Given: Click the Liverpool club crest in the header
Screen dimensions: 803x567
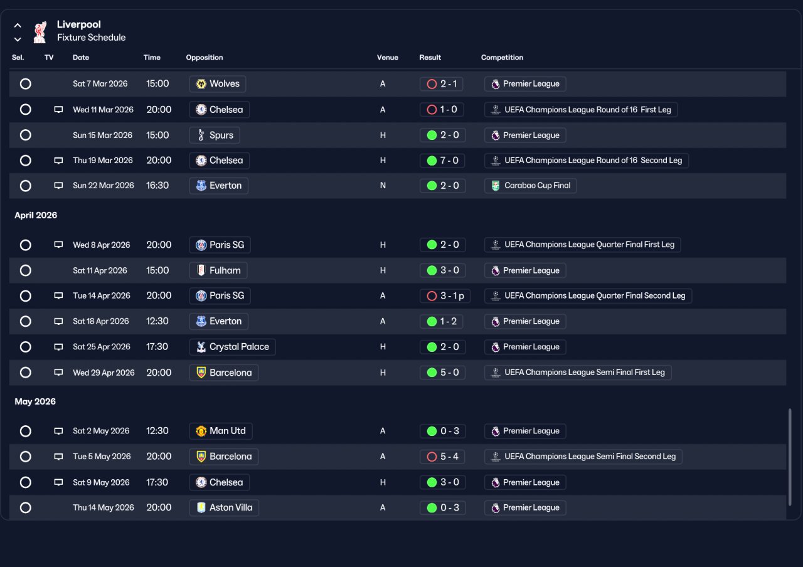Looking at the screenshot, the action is click(40, 32).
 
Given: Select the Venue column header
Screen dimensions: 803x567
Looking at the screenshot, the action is click(388, 57).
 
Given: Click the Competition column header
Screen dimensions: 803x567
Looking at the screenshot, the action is click(502, 57).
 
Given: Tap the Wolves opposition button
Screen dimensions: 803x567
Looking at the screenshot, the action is click(218, 84).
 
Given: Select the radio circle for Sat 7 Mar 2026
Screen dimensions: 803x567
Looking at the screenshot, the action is click(26, 84).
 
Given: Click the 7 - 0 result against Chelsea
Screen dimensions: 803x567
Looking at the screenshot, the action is click(442, 161).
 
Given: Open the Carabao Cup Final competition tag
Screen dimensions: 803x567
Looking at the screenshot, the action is click(530, 186).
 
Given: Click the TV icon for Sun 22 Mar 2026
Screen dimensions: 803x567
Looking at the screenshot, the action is click(58, 185).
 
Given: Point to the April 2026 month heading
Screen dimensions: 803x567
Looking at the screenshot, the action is click(36, 215).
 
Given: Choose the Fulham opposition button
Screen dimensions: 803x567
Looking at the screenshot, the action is click(218, 270).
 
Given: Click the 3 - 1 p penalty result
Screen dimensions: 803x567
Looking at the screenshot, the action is click(445, 295).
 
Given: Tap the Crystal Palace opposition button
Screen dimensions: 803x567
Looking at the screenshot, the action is click(232, 347).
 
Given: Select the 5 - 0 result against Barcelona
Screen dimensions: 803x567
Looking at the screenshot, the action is click(443, 373).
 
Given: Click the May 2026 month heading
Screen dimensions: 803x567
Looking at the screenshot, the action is click(35, 401).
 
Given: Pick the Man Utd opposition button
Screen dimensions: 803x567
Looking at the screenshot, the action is click(221, 431).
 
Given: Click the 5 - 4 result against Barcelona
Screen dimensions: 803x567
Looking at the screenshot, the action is click(442, 457).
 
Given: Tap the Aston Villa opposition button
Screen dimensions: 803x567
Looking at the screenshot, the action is click(224, 507).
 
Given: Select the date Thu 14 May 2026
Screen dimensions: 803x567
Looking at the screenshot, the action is click(104, 507).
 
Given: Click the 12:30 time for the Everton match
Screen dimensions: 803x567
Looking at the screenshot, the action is click(157, 321).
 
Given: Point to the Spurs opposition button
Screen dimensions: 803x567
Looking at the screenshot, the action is click(215, 135).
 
